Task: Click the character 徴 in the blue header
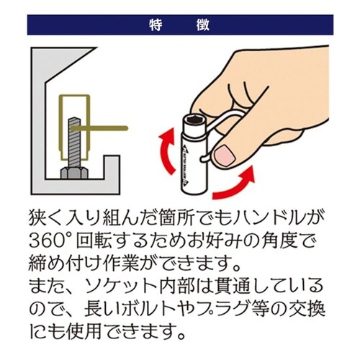[x=203, y=24]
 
